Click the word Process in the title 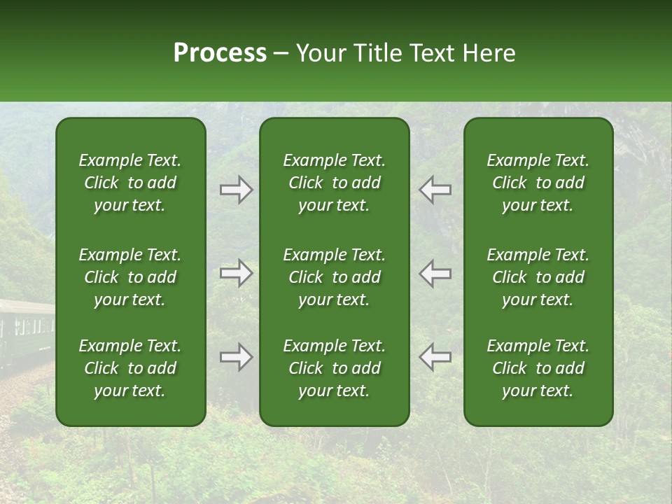[x=220, y=53]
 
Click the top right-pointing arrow [x=236, y=190]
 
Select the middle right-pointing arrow [x=236, y=273]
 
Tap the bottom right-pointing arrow [x=236, y=357]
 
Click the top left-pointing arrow [x=435, y=190]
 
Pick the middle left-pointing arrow [x=435, y=273]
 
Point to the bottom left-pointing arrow [x=435, y=357]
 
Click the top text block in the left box [x=129, y=183]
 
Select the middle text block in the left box [x=129, y=277]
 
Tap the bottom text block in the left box [x=129, y=368]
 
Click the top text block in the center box [x=334, y=183]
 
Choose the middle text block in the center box [x=334, y=277]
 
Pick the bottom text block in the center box [x=334, y=368]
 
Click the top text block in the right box [x=538, y=183]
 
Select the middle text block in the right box [x=538, y=277]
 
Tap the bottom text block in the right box [x=538, y=368]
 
